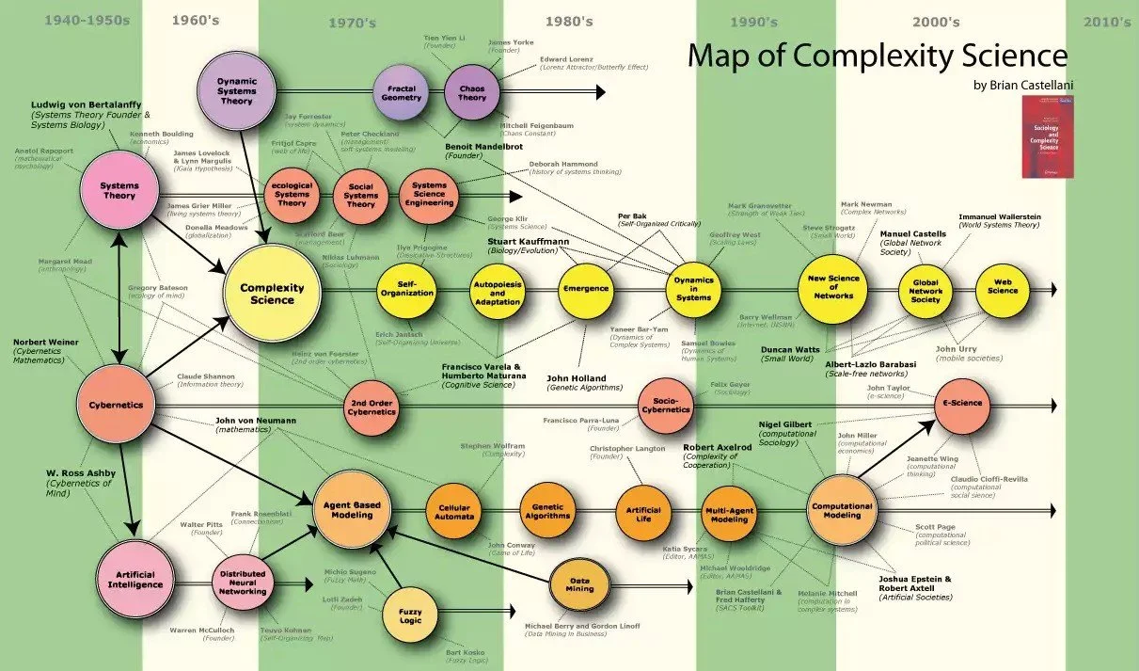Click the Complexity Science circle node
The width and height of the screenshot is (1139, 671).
[267, 293]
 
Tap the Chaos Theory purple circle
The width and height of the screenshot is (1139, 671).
[472, 91]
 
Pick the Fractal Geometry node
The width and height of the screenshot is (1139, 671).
[402, 91]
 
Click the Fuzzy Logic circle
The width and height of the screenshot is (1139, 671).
[410, 615]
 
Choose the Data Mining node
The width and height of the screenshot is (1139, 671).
[580, 584]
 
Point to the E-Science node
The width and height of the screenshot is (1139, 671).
[961, 404]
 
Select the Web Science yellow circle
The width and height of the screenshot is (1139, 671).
[1002, 290]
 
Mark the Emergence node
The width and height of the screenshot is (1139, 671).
[585, 289]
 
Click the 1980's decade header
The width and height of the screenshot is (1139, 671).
[570, 21]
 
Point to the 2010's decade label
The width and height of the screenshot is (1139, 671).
[1107, 21]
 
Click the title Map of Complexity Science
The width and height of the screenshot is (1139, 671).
[877, 55]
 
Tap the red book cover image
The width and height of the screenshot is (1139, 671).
[1048, 136]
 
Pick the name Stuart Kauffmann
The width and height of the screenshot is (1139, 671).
[528, 242]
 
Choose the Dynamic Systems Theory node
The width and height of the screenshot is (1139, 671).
[239, 91]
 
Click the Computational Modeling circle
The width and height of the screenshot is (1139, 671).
[842, 509]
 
